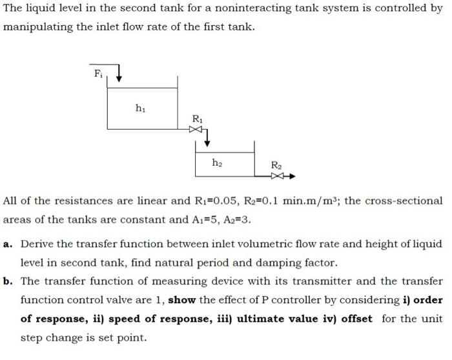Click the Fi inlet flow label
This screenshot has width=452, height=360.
pyautogui.click(x=98, y=73)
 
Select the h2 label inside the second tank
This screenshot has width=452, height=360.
pyautogui.click(x=218, y=163)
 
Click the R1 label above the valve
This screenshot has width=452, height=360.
pyautogui.click(x=198, y=118)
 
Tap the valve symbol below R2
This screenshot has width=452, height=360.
pyautogui.click(x=278, y=175)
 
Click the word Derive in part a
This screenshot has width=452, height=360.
pyautogui.click(x=37, y=244)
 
